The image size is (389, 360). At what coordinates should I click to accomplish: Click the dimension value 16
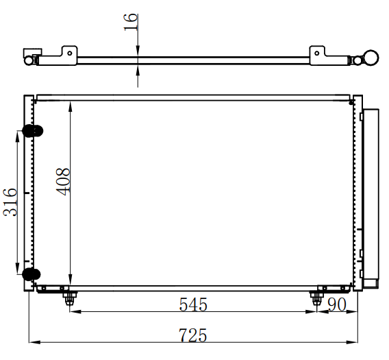tap(131, 23)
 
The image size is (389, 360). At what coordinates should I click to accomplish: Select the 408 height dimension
tap(63, 182)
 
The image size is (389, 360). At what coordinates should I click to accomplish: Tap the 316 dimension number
tap(10, 202)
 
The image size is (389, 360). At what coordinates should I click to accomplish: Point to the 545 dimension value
tap(193, 304)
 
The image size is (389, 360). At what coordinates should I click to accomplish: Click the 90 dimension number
tap(337, 304)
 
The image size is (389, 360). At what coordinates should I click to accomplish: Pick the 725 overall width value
tap(192, 335)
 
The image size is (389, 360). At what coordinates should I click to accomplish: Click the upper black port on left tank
tap(32, 131)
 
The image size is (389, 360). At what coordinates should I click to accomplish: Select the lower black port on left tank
tap(32, 274)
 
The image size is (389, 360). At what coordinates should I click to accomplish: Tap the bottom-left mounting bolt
tap(69, 298)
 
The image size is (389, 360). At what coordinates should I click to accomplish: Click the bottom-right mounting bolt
tap(316, 298)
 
